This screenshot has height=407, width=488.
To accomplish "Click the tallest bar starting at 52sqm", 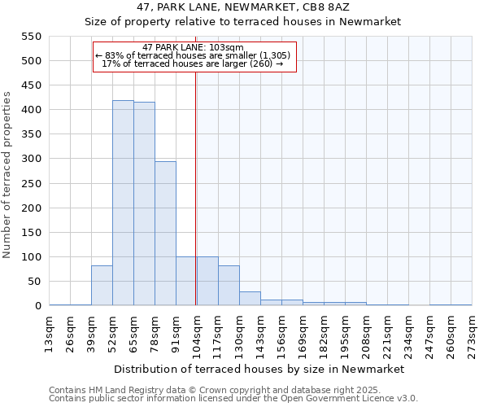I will click(123, 203).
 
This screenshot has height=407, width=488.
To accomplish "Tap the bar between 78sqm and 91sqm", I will click(165, 234).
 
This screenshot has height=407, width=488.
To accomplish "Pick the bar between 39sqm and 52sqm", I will click(102, 286).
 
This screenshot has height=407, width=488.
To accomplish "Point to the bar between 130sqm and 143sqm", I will click(250, 299).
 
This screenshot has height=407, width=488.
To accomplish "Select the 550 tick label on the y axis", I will click(30, 37).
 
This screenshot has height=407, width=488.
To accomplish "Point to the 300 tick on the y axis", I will click(30, 159).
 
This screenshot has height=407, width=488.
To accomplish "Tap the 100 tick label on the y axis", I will click(30, 257).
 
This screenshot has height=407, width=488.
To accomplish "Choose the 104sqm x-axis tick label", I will click(198, 334).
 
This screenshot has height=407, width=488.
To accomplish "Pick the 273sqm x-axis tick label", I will click(473, 334).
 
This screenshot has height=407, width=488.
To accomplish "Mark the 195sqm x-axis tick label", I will click(346, 334).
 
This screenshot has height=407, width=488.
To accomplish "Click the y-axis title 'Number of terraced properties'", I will click(7, 174).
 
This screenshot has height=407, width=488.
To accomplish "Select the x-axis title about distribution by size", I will click(259, 369).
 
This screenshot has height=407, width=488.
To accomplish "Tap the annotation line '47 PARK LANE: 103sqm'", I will click(193, 48).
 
